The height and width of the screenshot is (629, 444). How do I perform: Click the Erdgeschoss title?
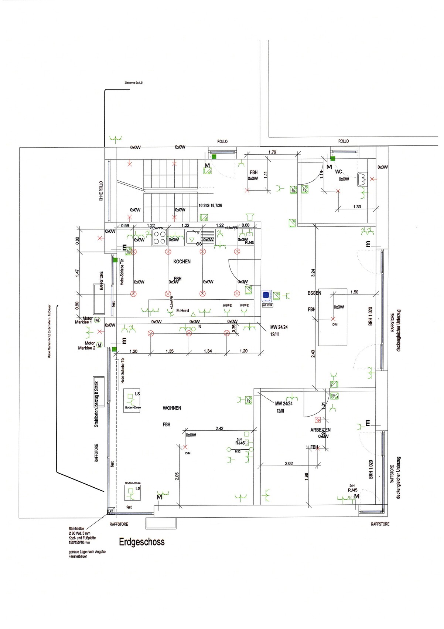coord(141,542)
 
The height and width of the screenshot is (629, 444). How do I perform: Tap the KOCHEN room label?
coord(182,262)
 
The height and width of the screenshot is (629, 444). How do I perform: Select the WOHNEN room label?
coord(172,408)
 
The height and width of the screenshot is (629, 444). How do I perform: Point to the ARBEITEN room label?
coord(320,430)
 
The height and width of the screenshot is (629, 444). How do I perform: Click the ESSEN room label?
coord(314,293)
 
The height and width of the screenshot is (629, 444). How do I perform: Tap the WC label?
coord(338,172)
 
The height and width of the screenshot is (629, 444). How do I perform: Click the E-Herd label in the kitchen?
coord(182,311)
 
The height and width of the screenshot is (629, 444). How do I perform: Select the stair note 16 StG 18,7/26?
coord(210,205)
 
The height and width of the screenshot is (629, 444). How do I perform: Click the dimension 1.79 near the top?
coord(272,152)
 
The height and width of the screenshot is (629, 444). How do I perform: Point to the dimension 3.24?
coord(313,273)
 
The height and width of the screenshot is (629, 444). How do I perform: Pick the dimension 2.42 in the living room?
coord(219,428)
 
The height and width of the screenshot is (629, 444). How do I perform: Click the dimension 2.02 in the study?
coord(289,463)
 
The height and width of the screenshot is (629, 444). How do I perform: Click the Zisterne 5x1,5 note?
coord(134,83)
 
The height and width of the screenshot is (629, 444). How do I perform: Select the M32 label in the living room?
coord(238,451)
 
